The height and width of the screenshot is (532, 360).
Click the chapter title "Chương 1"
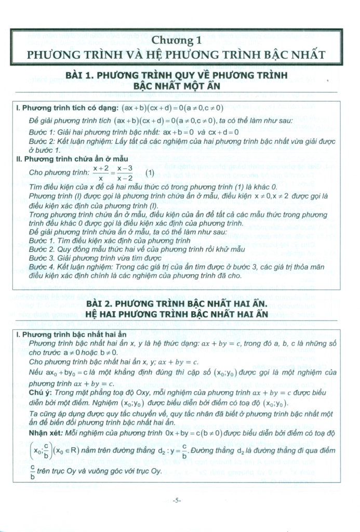(177, 40)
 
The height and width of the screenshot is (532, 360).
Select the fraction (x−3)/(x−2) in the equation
(125, 173)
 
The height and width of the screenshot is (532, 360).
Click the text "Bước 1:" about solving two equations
(43, 132)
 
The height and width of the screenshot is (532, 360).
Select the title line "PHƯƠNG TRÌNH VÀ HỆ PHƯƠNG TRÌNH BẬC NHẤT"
(177, 54)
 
